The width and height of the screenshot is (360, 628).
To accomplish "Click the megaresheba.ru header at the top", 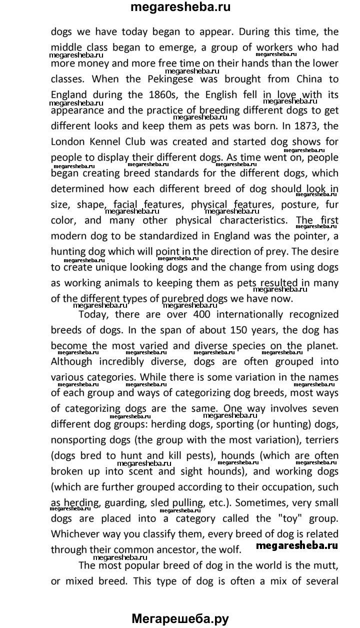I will pyautogui.click(x=180, y=8).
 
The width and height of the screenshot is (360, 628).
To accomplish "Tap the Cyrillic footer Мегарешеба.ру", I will pyautogui.click(x=180, y=618).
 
